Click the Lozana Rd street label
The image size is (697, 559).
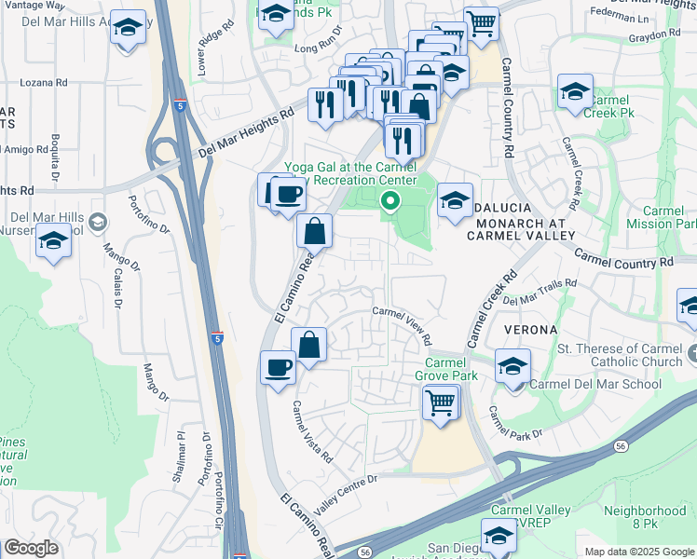[x=44, y=82]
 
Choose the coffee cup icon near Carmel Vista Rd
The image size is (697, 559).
[x=278, y=367]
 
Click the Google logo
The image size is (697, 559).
[x=32, y=547]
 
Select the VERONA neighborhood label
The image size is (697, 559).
[x=532, y=330]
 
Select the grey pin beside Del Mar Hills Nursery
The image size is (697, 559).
[x=99, y=223]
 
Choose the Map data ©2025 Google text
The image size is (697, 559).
[x=638, y=552]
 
